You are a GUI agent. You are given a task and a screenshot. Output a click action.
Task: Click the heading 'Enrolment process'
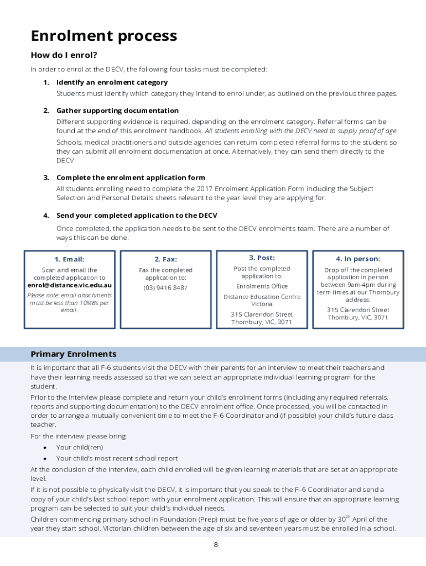103,36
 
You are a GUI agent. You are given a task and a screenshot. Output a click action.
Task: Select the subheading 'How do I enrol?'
64,55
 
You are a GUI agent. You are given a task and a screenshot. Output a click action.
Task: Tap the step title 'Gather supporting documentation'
117,111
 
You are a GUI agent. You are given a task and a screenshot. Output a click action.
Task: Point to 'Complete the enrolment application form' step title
131,177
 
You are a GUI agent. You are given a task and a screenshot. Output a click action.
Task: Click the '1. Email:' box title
70,259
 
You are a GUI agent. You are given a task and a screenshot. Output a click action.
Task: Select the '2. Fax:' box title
165,259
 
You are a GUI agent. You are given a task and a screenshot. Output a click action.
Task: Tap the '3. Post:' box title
262,258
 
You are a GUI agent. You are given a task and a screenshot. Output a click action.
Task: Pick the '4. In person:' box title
358,259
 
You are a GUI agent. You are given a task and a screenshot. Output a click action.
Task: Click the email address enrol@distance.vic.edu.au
70,285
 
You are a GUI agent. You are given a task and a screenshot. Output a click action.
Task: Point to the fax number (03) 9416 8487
165,287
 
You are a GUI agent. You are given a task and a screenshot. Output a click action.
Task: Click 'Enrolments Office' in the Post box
262,286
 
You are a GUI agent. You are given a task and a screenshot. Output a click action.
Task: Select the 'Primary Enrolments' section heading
74,354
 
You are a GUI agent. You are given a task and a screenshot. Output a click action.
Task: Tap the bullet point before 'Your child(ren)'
45,447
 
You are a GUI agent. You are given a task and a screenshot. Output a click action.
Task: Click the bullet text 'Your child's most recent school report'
117,458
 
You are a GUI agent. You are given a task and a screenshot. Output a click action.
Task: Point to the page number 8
216,544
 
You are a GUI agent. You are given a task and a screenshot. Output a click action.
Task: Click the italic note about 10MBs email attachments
70,302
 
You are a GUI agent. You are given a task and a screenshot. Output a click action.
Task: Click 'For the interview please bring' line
78,436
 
